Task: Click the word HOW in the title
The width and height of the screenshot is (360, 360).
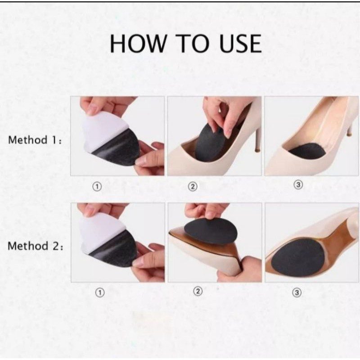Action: click(x=138, y=43)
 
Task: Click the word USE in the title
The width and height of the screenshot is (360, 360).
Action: click(x=240, y=43)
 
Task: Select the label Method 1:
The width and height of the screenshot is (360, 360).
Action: click(x=35, y=140)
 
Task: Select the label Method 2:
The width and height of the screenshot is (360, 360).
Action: click(x=36, y=246)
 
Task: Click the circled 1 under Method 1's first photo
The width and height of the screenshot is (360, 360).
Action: click(x=97, y=187)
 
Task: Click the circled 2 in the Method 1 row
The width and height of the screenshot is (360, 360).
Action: click(x=193, y=187)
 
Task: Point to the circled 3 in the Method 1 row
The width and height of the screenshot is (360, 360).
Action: click(x=298, y=184)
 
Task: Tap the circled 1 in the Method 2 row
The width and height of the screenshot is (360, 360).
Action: click(x=99, y=292)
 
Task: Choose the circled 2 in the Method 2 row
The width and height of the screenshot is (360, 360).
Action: click(x=198, y=292)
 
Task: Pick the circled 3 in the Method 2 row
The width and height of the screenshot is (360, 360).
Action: click(x=297, y=292)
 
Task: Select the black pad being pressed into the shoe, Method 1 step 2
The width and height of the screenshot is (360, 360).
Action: click(x=210, y=142)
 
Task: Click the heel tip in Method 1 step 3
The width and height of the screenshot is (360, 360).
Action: click(x=349, y=133)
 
